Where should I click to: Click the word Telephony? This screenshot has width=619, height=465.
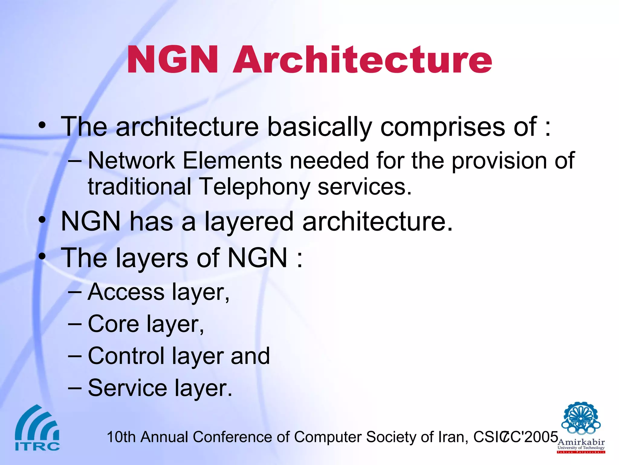click(x=254, y=186)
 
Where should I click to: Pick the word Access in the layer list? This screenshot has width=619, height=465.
click(x=126, y=292)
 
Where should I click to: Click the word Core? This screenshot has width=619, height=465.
click(x=113, y=324)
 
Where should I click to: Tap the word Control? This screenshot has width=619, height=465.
click(x=126, y=356)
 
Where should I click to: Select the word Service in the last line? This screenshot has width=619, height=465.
click(x=127, y=388)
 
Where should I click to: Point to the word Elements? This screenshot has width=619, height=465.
click(x=232, y=160)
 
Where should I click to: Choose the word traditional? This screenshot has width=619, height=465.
click(x=139, y=186)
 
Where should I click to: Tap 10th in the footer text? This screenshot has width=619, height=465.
click(x=121, y=437)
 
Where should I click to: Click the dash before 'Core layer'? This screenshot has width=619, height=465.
click(x=75, y=324)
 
